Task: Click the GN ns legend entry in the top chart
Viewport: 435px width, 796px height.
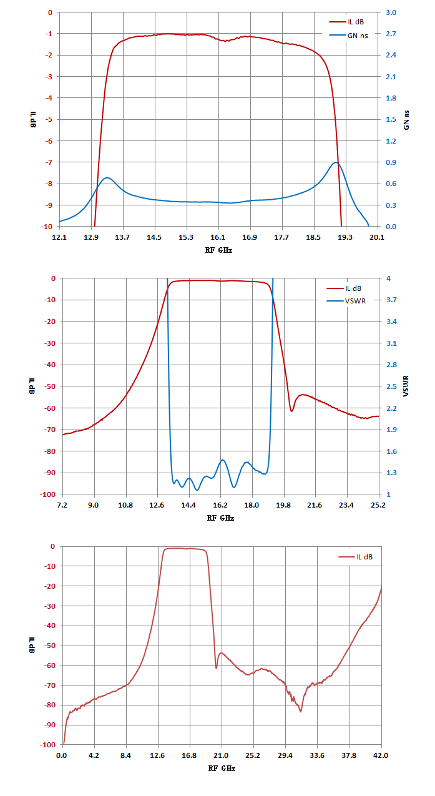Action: (348, 36)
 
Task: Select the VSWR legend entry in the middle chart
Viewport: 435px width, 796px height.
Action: (346, 301)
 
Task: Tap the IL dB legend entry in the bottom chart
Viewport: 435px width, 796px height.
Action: (356, 557)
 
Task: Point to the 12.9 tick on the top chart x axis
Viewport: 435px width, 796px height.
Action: (91, 237)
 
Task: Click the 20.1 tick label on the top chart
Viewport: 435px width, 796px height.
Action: (377, 237)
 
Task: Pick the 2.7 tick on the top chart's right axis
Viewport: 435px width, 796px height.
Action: (391, 34)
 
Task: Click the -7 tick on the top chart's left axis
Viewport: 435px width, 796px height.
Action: (48, 162)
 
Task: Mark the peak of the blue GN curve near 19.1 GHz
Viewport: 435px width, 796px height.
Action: (336, 162)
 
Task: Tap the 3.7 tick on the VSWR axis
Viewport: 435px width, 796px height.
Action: (391, 300)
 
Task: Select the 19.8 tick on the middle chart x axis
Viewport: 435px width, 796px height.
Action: (283, 505)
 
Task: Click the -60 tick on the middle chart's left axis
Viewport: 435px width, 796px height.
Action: (50, 408)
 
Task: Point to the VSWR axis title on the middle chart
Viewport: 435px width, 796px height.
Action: (406, 386)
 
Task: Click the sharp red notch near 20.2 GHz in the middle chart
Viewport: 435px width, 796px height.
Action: (291, 411)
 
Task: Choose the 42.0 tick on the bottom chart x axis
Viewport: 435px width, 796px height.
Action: (381, 755)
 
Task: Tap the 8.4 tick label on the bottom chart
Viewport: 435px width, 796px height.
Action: (125, 755)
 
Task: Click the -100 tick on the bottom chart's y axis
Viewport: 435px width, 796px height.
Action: (48, 744)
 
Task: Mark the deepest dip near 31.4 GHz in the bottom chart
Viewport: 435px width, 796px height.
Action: (301, 711)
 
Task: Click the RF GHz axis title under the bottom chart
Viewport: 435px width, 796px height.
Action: (222, 769)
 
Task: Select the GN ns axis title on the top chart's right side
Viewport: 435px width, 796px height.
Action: (406, 120)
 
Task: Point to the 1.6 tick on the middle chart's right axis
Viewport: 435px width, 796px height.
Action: (391, 451)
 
